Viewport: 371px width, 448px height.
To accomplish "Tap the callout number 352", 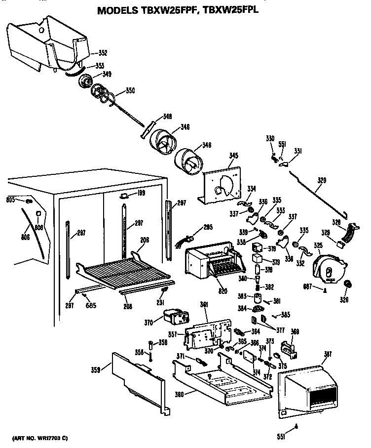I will (x=103, y=53).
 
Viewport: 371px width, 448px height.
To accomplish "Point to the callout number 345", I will (x=233, y=156).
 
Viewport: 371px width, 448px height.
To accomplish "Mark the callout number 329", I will (x=321, y=181).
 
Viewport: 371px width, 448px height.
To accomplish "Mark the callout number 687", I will (x=308, y=288).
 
